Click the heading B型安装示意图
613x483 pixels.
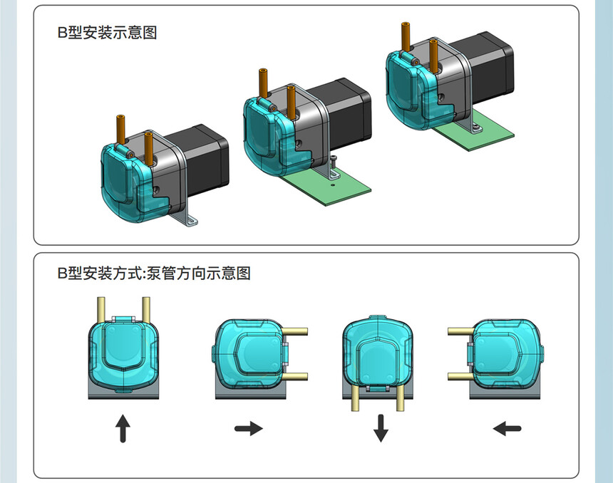[107, 33]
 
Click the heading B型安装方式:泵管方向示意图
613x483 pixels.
[154, 273]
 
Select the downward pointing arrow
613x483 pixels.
[381, 428]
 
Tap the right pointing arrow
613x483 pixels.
[249, 428]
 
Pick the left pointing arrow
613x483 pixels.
[507, 429]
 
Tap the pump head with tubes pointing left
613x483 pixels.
[503, 355]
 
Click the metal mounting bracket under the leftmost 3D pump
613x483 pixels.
[187, 217]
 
